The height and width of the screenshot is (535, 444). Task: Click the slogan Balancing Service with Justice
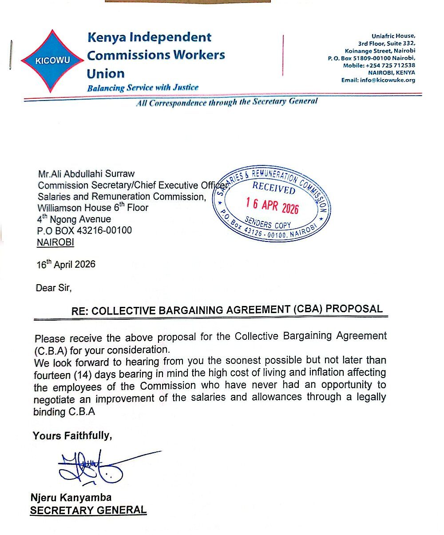click(x=143, y=88)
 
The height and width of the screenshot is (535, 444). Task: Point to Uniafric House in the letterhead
click(x=393, y=36)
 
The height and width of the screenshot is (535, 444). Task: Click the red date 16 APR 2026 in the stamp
click(x=272, y=205)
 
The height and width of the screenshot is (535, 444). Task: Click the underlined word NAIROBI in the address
click(x=55, y=242)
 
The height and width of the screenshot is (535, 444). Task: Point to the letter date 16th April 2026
click(x=66, y=264)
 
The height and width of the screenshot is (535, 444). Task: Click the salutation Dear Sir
click(x=54, y=287)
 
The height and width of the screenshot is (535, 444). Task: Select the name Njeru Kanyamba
click(x=71, y=497)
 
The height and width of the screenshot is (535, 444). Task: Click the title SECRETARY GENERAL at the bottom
click(x=88, y=510)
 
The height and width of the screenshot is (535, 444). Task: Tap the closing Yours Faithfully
click(x=72, y=436)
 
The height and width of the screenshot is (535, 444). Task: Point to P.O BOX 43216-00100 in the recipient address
click(x=84, y=230)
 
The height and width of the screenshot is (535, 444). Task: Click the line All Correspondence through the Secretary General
click(x=226, y=102)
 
